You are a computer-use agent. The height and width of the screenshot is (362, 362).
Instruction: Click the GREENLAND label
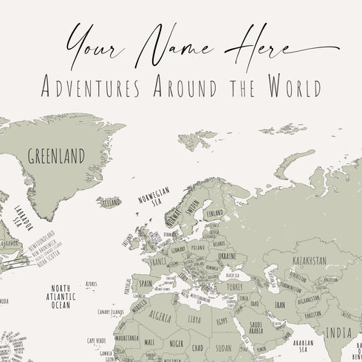[56, 156]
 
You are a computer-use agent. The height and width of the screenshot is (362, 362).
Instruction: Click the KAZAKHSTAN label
[310, 261]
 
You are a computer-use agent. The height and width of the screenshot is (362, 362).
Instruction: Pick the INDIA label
[339, 332]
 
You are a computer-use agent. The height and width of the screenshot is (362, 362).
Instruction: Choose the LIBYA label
[195, 320]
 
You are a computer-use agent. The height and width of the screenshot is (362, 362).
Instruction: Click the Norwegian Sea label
[154, 198]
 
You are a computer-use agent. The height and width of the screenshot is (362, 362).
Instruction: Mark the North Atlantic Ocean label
[61, 296]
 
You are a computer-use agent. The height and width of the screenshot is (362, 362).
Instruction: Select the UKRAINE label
[227, 256]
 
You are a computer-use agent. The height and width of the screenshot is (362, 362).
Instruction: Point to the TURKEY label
[234, 286]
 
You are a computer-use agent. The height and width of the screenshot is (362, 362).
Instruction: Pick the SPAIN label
[145, 284]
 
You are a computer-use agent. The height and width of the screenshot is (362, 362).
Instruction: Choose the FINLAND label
[214, 214]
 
